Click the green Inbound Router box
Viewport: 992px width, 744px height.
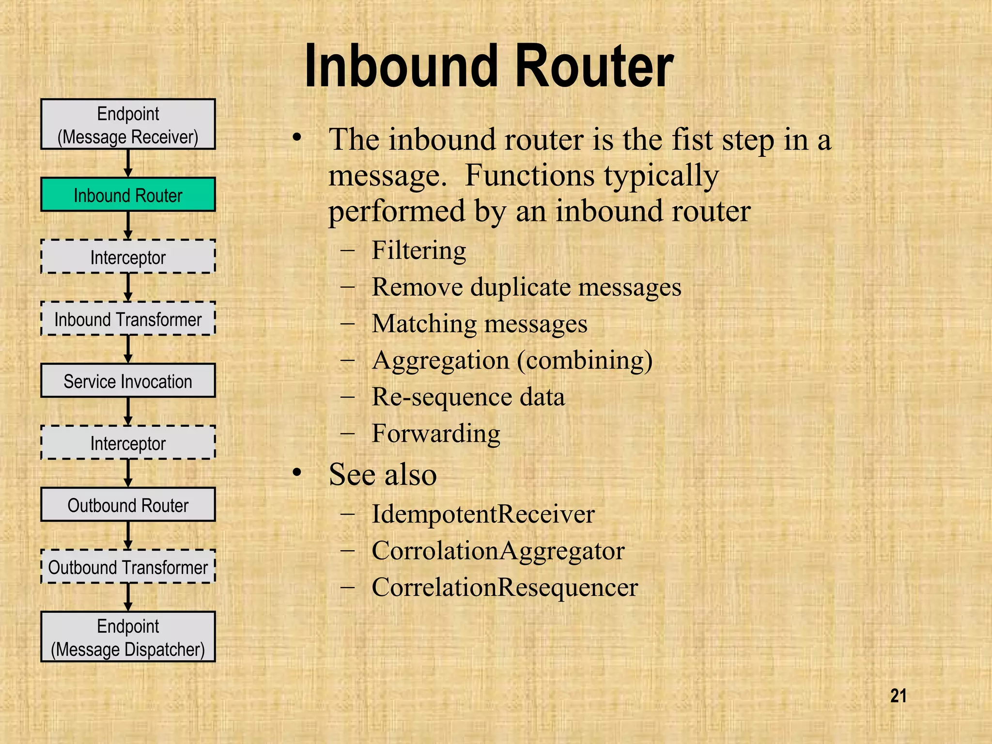point(128,195)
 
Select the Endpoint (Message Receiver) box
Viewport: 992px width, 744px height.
point(128,124)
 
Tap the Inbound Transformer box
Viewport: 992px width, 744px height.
point(128,319)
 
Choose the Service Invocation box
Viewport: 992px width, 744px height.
point(128,381)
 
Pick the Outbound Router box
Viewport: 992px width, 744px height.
point(128,505)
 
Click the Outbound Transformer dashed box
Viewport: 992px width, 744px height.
point(128,567)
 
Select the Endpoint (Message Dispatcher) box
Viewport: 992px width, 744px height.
point(128,637)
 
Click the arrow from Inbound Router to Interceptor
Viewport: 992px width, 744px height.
point(128,225)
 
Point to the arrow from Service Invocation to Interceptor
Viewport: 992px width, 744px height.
point(128,411)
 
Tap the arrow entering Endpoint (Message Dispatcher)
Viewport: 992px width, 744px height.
point(128,597)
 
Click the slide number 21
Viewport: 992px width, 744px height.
point(898,696)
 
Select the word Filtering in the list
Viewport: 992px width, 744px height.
point(418,251)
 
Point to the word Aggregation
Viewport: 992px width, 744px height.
point(440,361)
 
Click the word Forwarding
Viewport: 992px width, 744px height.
point(435,434)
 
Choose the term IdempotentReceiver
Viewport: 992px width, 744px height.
point(482,514)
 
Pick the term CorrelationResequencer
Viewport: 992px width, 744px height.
point(504,588)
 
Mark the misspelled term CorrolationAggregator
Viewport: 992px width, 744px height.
point(498,551)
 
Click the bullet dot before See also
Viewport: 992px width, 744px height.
point(297,473)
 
